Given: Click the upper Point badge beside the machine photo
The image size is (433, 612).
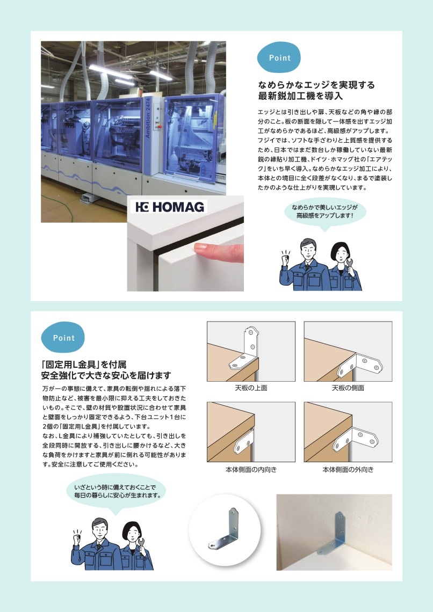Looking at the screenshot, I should click(x=279, y=58).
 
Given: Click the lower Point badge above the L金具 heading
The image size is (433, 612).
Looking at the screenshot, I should click(x=63, y=338).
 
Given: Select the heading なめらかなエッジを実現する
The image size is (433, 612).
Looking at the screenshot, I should click(x=316, y=85).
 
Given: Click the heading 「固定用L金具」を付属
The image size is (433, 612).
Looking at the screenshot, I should click(x=84, y=363).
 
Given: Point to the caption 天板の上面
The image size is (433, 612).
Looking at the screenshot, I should click(x=251, y=388).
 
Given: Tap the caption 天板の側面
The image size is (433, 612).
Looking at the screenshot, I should click(x=348, y=388).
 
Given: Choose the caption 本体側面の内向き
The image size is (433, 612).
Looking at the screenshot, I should click(x=251, y=470).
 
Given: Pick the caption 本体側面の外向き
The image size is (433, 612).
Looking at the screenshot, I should click(x=348, y=470).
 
